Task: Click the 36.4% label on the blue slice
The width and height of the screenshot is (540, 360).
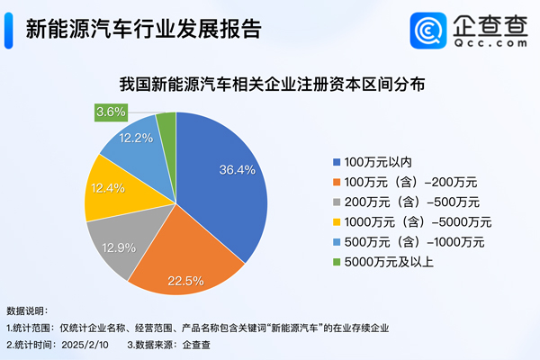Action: (x=238, y=168)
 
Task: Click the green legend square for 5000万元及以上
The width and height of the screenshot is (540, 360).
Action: (x=337, y=261)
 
